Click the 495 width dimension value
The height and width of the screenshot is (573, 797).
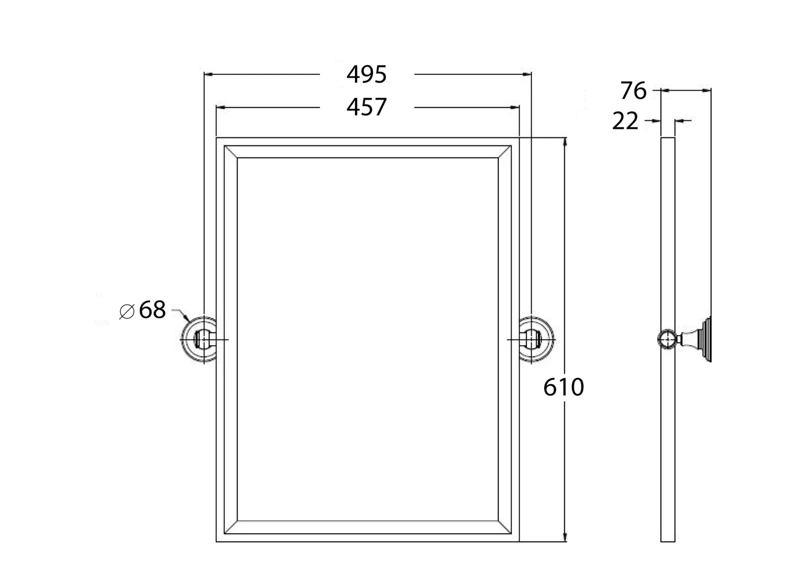point(367,75)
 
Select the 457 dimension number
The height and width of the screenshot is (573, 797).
point(367,107)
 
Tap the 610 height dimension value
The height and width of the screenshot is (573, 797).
point(564,387)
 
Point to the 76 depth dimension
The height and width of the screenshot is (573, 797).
point(633,91)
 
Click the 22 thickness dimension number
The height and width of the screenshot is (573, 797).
point(625,121)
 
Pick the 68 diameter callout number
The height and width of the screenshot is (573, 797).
point(152,310)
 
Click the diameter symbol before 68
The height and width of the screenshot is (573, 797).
point(127,311)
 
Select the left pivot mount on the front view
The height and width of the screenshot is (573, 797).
point(200,339)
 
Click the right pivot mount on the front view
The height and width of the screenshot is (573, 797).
point(536,339)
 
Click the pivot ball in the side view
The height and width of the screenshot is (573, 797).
point(666,339)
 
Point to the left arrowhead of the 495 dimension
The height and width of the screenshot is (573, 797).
point(208,75)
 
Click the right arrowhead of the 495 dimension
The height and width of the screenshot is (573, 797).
point(528,75)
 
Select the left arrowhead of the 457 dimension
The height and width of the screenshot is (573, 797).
point(219,107)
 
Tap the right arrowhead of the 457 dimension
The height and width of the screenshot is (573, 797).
point(515,107)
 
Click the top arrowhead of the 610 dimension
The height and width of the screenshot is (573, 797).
point(565,142)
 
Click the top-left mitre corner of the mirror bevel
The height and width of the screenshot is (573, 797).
point(231,152)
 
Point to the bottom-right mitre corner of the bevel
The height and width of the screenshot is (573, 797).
point(505,526)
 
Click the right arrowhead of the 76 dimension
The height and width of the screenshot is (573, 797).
point(708,91)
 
